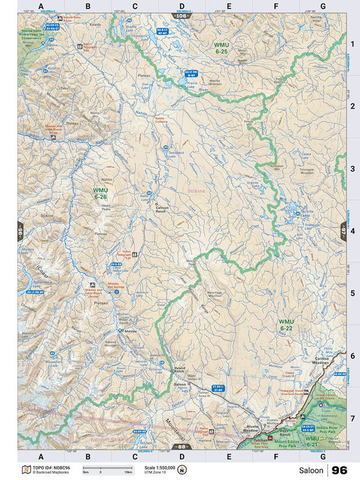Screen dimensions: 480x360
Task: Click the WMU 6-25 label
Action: [x=220, y=48]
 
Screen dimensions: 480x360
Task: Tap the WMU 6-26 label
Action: [x=100, y=194]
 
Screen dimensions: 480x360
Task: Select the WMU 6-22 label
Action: [x=286, y=325]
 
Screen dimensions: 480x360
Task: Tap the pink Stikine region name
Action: [x=196, y=191]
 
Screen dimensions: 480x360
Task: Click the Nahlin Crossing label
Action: [x=161, y=120]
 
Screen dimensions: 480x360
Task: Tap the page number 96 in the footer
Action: [x=339, y=470]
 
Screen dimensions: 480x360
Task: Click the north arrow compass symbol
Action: [x=182, y=470]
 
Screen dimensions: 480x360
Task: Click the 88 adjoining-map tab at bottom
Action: [x=181, y=447]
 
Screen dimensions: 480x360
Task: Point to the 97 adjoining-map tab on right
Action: [x=343, y=231]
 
